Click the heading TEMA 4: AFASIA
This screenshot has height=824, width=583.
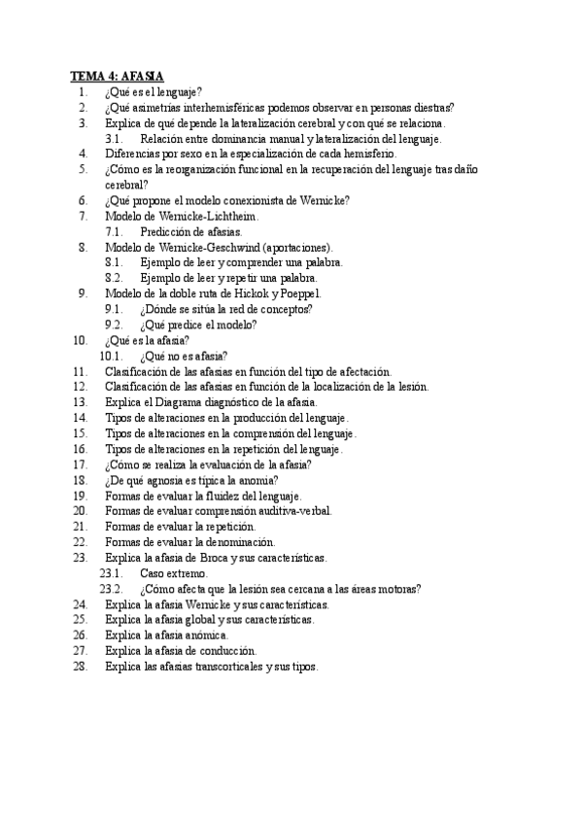[118, 75]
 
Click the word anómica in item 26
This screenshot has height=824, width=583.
[201, 635]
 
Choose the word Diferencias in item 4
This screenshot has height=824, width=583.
[133, 153]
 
